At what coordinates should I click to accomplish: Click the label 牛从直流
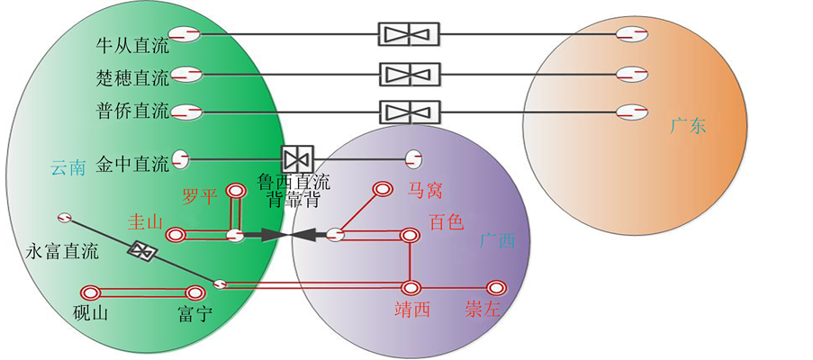click(x=132, y=43)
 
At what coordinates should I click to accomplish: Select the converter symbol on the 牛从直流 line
click(x=408, y=35)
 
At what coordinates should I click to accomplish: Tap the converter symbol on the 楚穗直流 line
click(x=408, y=74)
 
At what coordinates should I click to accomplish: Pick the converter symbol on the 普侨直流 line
click(x=408, y=112)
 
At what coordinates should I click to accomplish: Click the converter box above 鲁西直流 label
click(x=294, y=160)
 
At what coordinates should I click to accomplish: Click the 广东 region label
click(x=689, y=125)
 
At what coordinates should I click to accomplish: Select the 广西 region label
click(x=497, y=241)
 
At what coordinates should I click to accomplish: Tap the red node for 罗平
click(x=237, y=191)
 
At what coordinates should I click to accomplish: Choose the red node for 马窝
click(x=382, y=189)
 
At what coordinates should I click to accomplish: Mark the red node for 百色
click(x=410, y=236)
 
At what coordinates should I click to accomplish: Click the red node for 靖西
click(x=411, y=289)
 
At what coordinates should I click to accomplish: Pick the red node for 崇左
click(x=494, y=288)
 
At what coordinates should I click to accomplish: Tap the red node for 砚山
click(x=89, y=293)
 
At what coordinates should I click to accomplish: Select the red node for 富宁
click(x=194, y=293)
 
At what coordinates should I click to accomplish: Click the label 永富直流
click(x=61, y=251)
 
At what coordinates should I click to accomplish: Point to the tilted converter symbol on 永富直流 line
click(x=142, y=250)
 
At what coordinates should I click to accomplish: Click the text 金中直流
click(x=132, y=164)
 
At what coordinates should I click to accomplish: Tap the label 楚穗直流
click(x=132, y=78)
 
